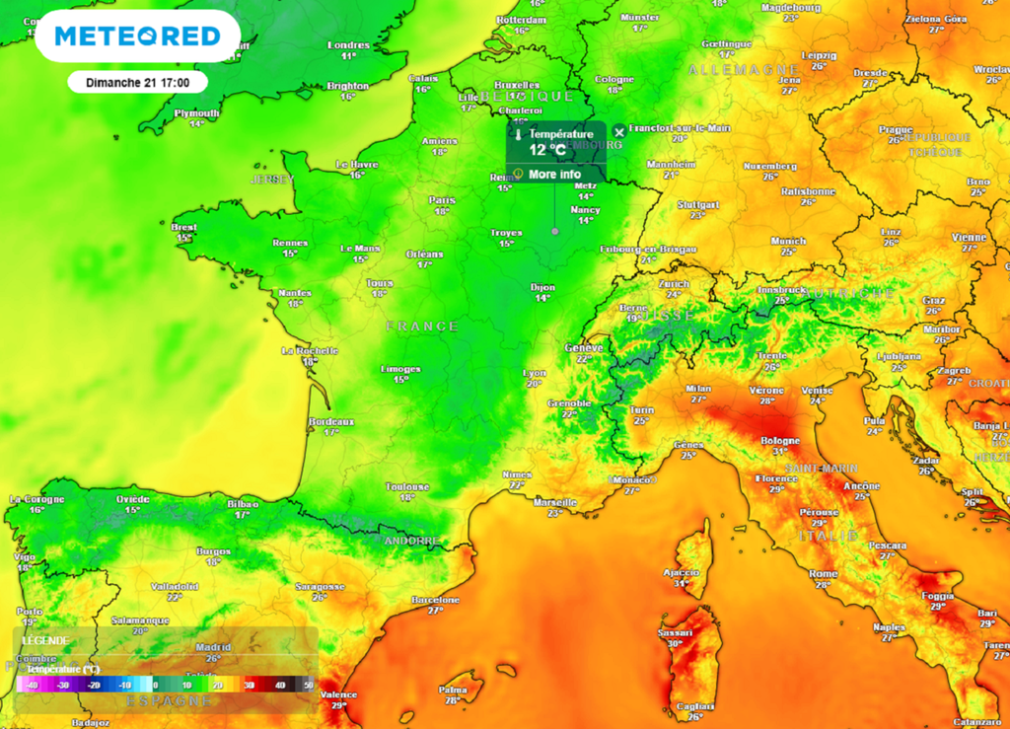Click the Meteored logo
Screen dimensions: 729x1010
coord(137,36)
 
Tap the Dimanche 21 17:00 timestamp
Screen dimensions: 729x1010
coord(137,82)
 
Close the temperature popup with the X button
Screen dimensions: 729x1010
coord(618,131)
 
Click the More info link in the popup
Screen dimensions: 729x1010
coord(554,175)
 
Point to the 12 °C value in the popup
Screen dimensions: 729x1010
coord(548,150)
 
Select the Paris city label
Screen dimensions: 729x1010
coord(442,200)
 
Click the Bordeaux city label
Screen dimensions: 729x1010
coord(330,421)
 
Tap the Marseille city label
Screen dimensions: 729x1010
coord(553,501)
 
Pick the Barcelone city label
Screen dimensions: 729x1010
coord(435,600)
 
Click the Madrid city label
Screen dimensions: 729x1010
coord(212,647)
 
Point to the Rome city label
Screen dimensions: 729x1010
coord(823,573)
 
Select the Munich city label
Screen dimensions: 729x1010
coord(788,241)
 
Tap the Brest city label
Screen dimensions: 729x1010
coord(184,227)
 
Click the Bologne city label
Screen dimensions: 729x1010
coord(779,440)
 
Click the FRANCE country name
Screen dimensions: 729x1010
coord(422,326)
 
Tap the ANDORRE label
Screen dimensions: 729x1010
coord(411,541)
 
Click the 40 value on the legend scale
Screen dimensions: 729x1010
coord(279,685)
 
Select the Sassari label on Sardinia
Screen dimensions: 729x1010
coord(676,631)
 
